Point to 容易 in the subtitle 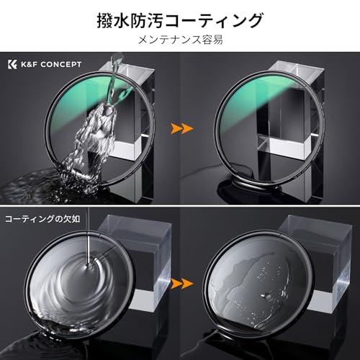coord(210,40)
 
